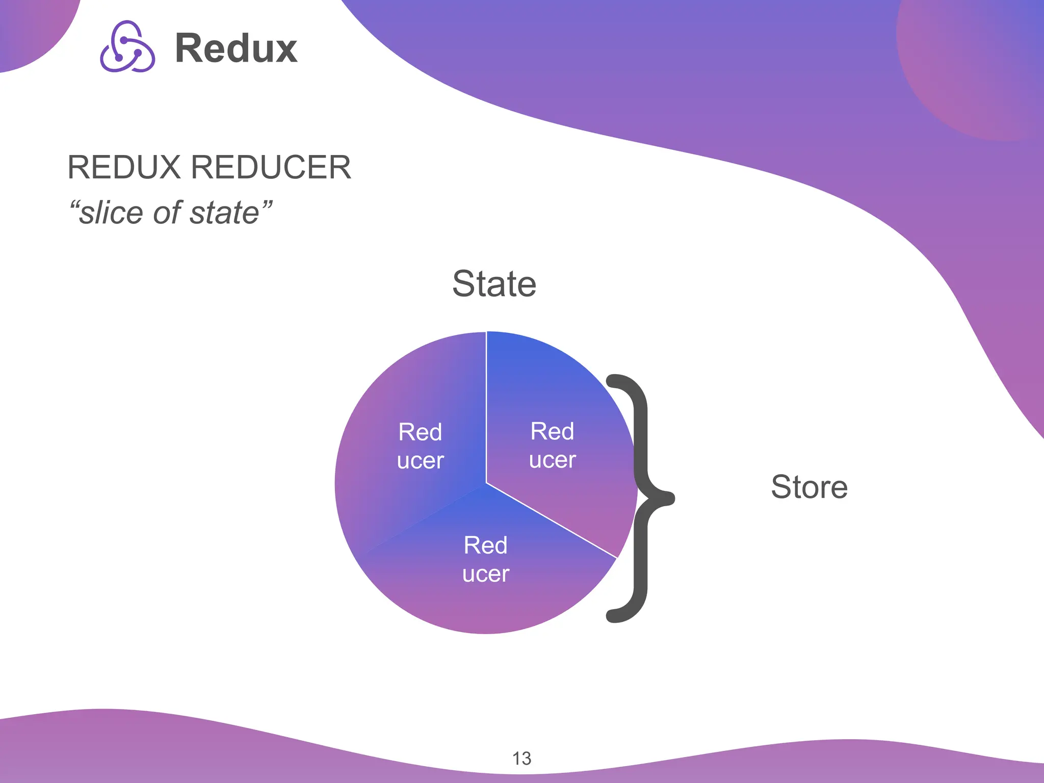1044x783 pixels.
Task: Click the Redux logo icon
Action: pos(127,47)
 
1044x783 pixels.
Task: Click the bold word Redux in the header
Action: pos(236,48)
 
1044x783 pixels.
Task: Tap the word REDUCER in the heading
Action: pos(271,167)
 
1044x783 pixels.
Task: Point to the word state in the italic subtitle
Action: pos(224,213)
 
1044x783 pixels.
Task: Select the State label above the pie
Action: pos(494,283)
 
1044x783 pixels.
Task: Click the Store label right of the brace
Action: pos(809,487)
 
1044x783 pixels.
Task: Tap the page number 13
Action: pos(521,759)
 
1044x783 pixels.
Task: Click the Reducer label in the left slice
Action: pos(421,446)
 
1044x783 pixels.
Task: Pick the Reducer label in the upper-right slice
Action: pos(553,446)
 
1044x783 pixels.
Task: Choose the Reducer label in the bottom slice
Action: pos(486,559)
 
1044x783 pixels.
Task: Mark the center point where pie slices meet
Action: pos(486,483)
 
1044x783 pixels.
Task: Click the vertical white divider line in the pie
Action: pos(486,408)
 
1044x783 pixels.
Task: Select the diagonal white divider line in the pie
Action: pos(552,520)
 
